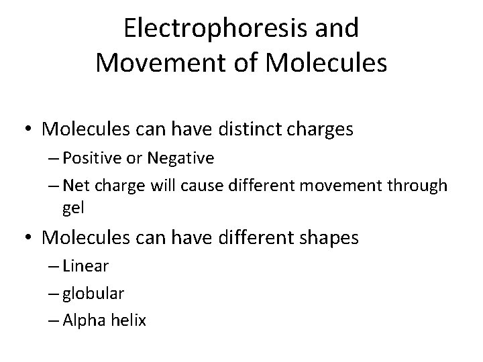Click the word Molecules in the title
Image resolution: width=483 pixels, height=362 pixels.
pos(327,63)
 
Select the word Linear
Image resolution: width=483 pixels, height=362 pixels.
pos(85,266)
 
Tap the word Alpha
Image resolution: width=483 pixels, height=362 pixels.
pos(80,320)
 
